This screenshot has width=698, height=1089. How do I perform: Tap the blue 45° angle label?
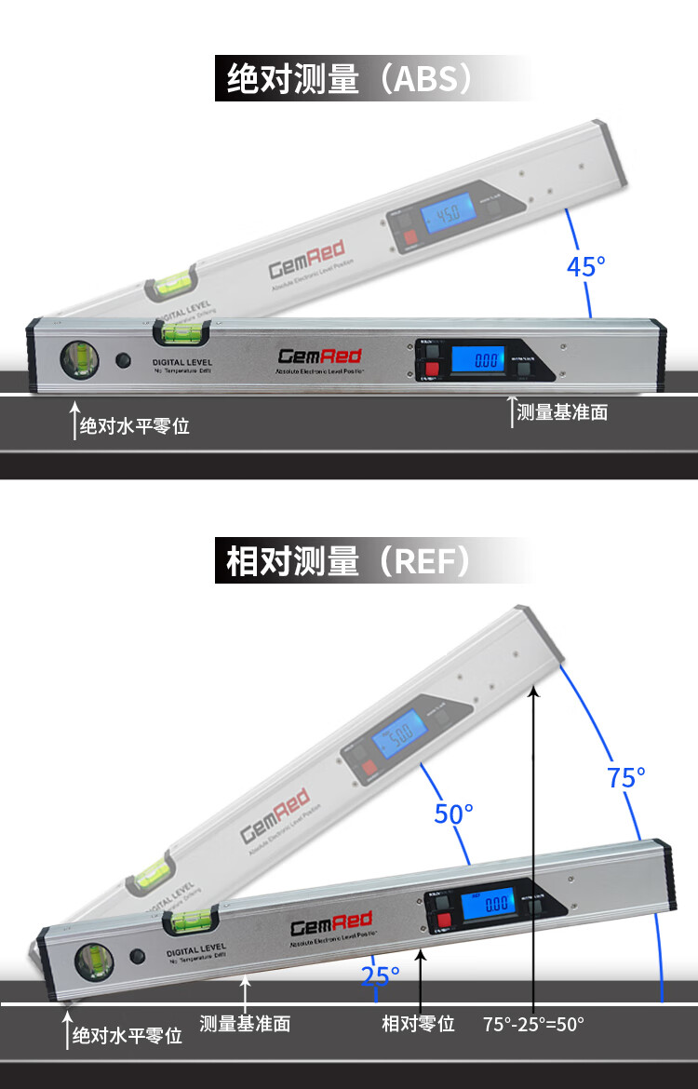[x=585, y=266]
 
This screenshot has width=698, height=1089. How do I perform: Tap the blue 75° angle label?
[x=626, y=777]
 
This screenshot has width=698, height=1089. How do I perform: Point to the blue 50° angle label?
[x=454, y=813]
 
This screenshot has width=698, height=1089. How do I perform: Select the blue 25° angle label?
[x=381, y=975]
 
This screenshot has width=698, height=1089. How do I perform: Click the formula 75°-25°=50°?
[x=533, y=1024]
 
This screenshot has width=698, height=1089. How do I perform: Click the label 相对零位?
[x=419, y=1024]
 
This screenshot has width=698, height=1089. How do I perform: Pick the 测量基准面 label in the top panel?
[x=562, y=412]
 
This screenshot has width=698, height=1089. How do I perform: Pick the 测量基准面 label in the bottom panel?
[x=245, y=1024]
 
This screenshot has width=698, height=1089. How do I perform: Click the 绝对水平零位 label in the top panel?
[x=134, y=426]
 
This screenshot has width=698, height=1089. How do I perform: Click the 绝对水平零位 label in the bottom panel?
[x=128, y=1036]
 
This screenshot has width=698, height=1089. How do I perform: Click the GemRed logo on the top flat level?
[x=306, y=356]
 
